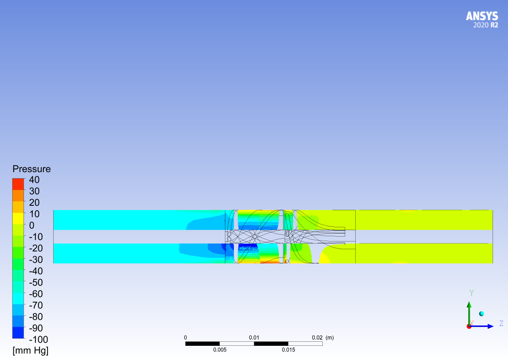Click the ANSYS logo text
(482, 16)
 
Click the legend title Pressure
(32, 169)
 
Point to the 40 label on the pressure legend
(34, 180)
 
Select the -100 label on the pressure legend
(39, 340)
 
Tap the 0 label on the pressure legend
(32, 225)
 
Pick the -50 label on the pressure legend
(36, 282)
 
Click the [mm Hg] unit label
(30, 351)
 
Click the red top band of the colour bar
(18, 184)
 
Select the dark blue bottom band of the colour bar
(18, 332)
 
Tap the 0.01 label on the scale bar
(254, 338)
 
